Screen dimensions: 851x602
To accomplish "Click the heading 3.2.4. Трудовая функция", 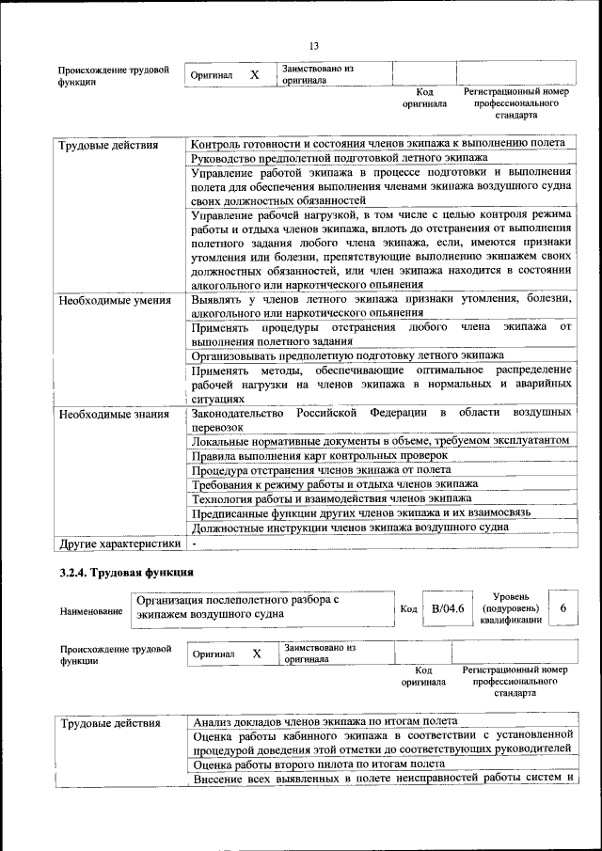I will (126, 572).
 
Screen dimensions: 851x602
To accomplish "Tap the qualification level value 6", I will (562, 608).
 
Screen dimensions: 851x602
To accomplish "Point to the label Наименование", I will (90, 611).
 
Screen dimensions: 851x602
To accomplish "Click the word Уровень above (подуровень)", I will (510, 596).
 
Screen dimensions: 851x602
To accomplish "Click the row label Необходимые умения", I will (114, 301).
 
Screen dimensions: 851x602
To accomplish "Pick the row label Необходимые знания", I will (113, 414).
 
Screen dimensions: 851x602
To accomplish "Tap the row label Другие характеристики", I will (119, 544).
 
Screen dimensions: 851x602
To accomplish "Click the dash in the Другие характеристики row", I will (194, 544).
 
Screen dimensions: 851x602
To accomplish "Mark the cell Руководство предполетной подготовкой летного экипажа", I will (339, 158).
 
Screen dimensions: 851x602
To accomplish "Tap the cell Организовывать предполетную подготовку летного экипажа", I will (347, 355).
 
